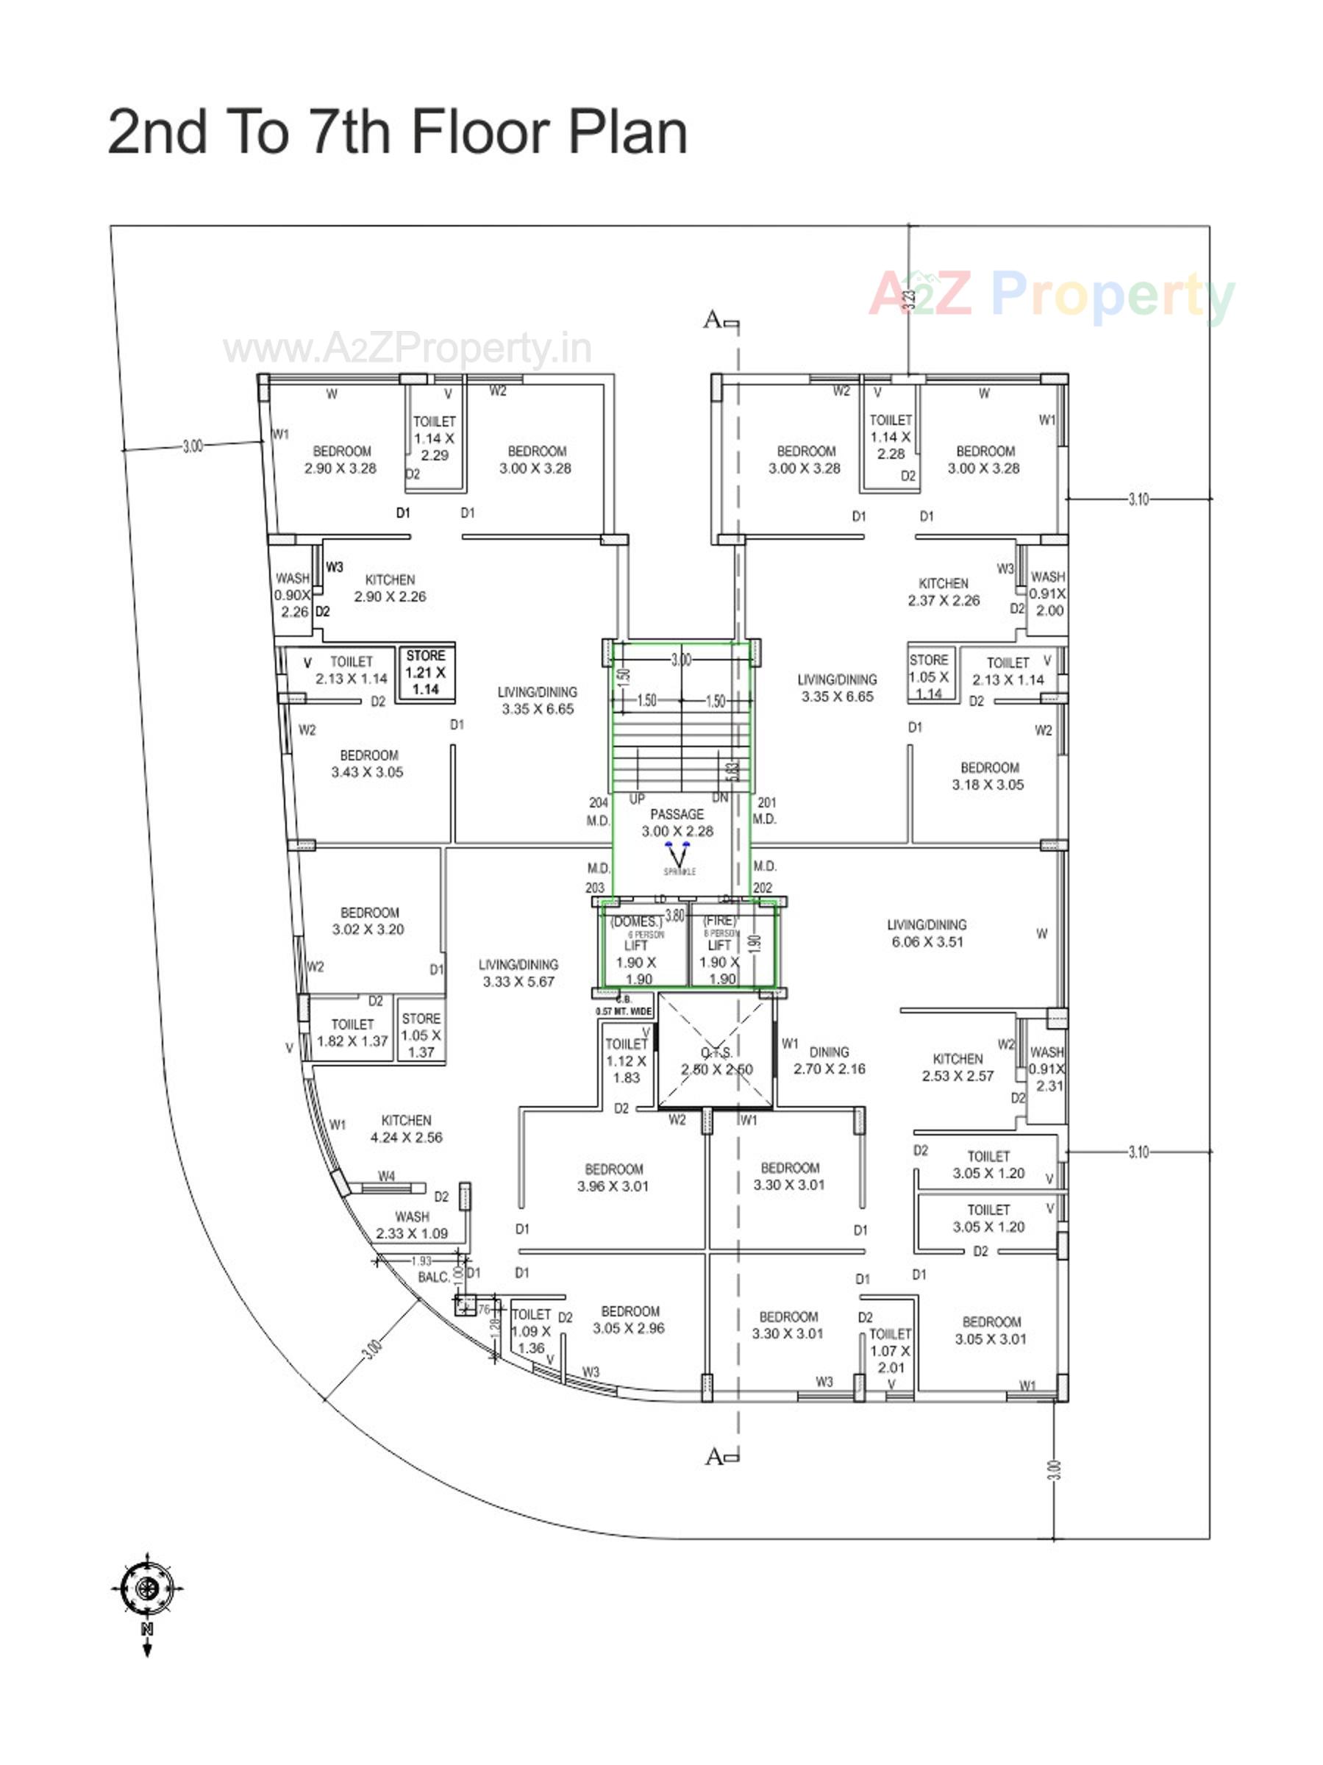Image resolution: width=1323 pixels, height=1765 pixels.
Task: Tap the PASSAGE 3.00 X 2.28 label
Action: click(677, 822)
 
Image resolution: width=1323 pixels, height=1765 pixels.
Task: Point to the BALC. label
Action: click(433, 1277)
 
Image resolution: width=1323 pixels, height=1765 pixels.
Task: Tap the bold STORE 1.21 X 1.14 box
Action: click(426, 672)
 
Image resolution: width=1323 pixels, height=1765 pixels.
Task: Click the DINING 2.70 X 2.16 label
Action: click(829, 1060)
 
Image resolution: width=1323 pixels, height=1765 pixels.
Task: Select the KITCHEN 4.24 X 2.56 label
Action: click(406, 1129)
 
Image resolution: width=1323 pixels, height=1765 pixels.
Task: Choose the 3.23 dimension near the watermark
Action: click(909, 300)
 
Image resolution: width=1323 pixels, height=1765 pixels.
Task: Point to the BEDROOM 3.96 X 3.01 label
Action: click(613, 1177)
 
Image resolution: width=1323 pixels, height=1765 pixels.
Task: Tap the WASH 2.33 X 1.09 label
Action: click(412, 1224)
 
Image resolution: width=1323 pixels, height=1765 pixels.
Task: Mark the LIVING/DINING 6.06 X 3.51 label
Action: click(927, 933)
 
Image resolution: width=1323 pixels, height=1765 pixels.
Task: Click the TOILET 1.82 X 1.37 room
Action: click(352, 1033)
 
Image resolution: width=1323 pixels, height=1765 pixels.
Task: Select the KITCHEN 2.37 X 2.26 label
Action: click(944, 592)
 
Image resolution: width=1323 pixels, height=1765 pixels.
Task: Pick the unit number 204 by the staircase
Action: click(599, 802)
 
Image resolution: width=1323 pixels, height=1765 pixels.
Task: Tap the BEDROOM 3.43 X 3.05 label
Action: click(368, 763)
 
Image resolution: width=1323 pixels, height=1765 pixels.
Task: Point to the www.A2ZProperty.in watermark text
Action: click(407, 349)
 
